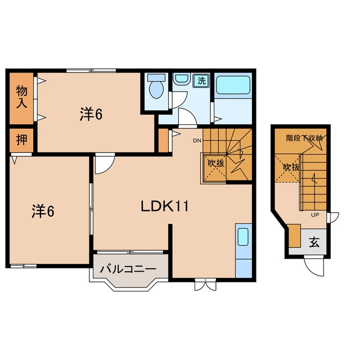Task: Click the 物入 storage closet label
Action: (x=21, y=97)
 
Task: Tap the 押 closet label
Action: (x=22, y=139)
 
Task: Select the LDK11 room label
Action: (x=164, y=206)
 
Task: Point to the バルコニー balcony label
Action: (x=128, y=269)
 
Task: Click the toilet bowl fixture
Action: (x=156, y=87)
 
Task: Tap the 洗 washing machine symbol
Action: (x=201, y=80)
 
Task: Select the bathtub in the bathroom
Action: (x=233, y=85)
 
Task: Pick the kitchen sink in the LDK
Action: (x=243, y=237)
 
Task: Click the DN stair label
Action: (x=197, y=141)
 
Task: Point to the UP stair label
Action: (x=315, y=215)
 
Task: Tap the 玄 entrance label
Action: (x=314, y=242)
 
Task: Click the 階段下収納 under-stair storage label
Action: (x=304, y=138)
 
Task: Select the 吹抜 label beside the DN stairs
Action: (x=215, y=163)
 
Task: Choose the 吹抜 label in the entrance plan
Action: (x=291, y=167)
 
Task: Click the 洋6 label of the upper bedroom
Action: (x=91, y=114)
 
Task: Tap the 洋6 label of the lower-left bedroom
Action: (x=43, y=211)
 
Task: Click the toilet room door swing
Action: (x=179, y=100)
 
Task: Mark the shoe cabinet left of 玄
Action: (x=295, y=236)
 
